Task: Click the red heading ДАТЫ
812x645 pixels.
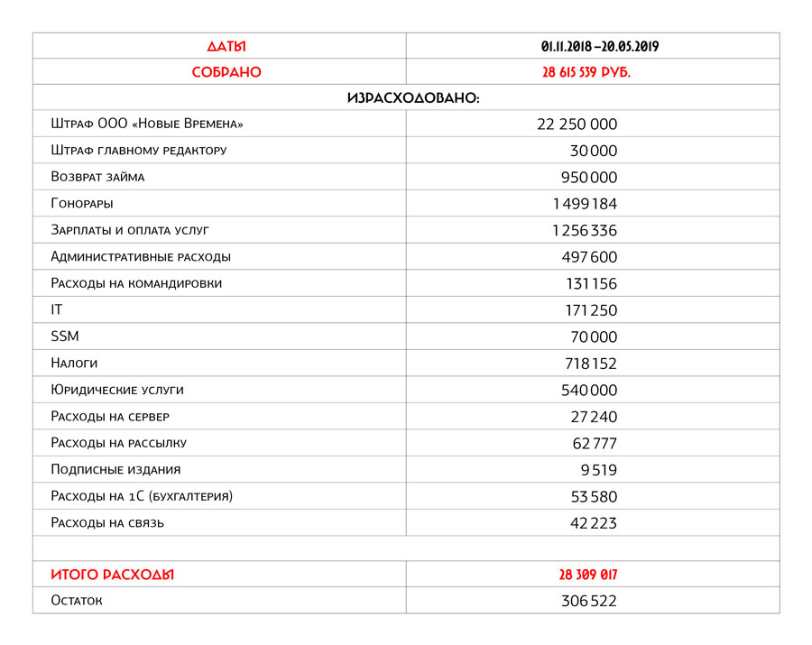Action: tap(226, 46)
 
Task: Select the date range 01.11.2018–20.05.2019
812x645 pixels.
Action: tap(593, 46)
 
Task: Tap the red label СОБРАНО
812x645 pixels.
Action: tap(226, 72)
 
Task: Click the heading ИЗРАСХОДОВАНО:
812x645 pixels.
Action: tap(412, 98)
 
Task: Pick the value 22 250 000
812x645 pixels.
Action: tap(577, 124)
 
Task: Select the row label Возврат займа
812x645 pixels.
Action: tap(97, 177)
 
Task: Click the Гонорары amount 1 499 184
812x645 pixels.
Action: tap(584, 204)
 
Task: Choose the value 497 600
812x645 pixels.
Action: tap(589, 257)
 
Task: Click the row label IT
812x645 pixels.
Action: tap(57, 309)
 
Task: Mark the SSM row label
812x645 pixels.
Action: tap(65, 336)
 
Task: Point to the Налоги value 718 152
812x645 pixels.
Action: tap(590, 364)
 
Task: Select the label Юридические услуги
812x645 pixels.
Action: tap(117, 390)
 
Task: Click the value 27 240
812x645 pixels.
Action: tap(594, 417)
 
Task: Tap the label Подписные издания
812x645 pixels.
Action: tap(115, 469)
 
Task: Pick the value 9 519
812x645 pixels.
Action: tap(599, 470)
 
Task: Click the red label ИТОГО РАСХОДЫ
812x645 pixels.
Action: tap(113, 575)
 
